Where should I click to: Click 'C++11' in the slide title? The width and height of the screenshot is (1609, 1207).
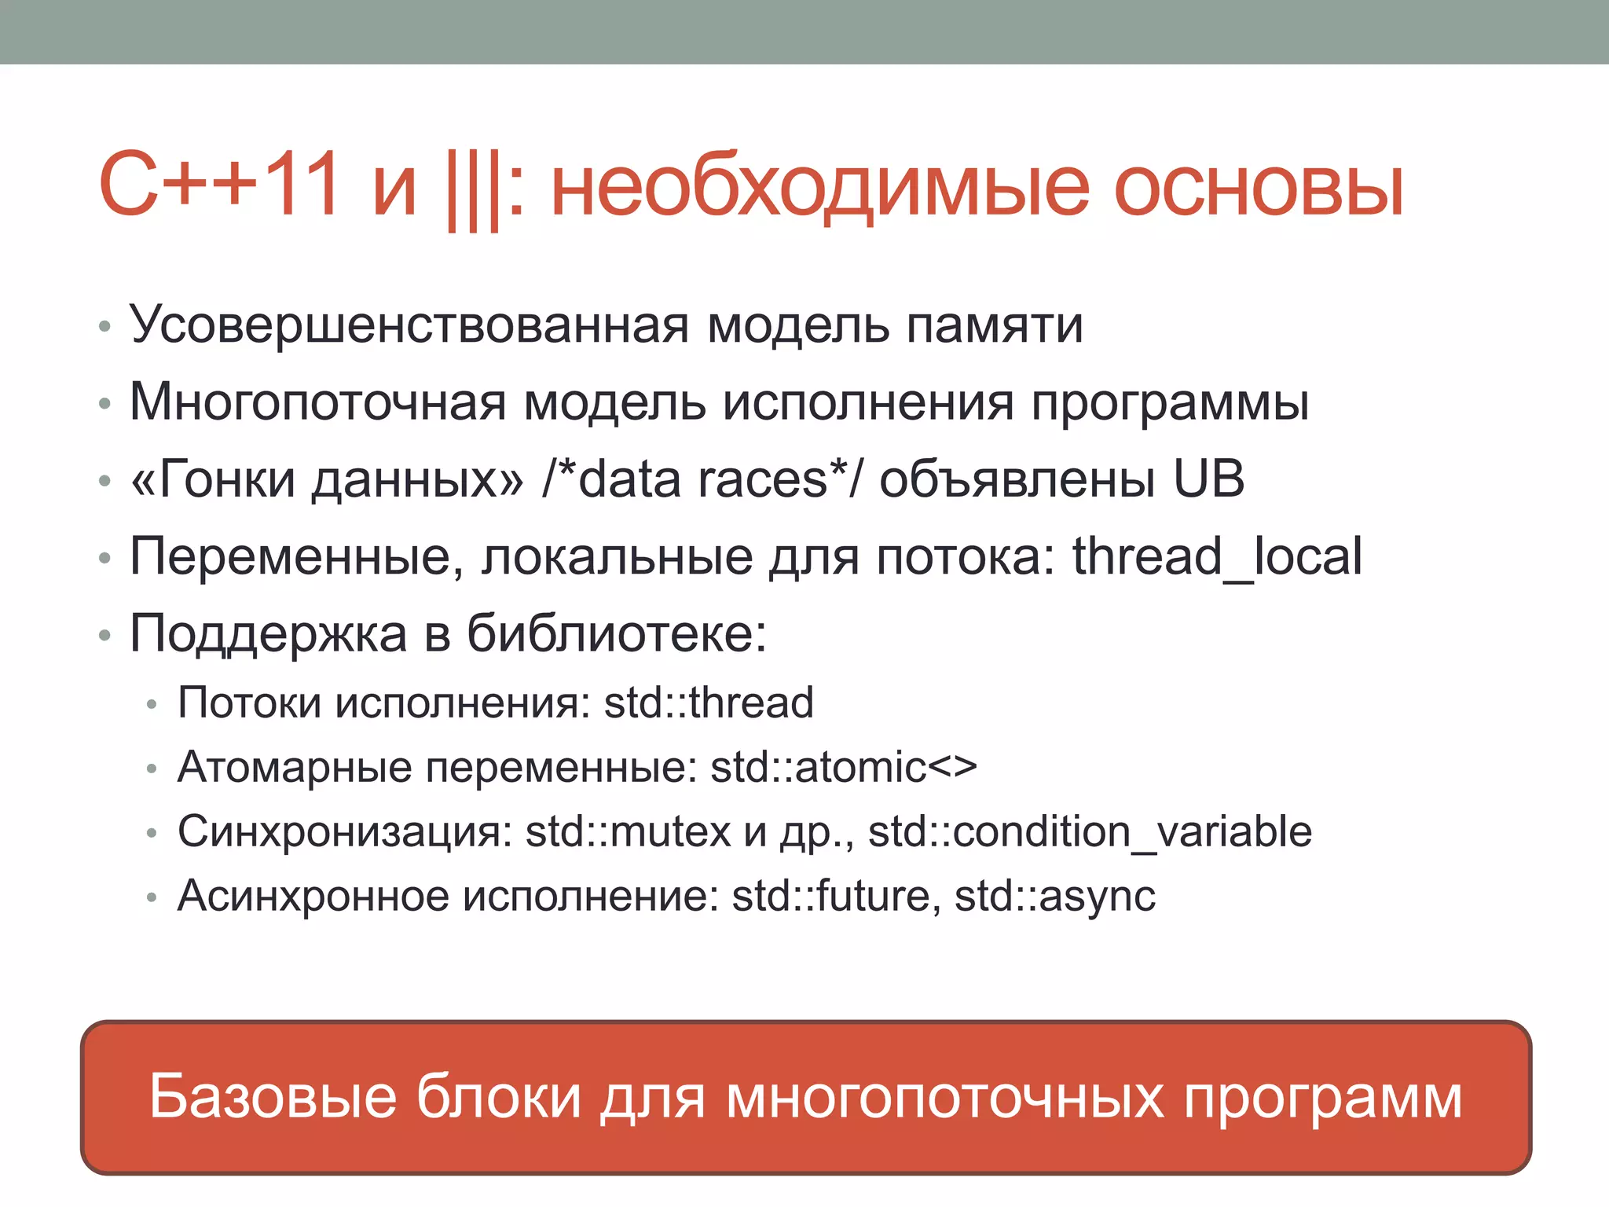(220, 185)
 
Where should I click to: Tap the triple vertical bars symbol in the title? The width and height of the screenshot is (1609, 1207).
(474, 189)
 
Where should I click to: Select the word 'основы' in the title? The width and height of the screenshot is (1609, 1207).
(1258, 189)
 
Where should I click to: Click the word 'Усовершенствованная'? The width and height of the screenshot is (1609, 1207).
(409, 325)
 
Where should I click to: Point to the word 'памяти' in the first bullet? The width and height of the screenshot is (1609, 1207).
(995, 325)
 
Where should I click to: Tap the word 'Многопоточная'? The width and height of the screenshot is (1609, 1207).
(317, 402)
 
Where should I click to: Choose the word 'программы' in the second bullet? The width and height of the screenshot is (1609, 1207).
(1170, 403)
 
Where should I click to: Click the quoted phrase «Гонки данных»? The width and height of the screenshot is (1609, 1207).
(327, 479)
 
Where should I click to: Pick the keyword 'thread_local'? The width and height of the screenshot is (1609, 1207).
(1217, 556)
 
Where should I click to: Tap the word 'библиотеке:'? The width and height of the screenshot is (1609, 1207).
(616, 633)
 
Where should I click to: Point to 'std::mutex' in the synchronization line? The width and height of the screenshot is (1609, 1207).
(628, 831)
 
